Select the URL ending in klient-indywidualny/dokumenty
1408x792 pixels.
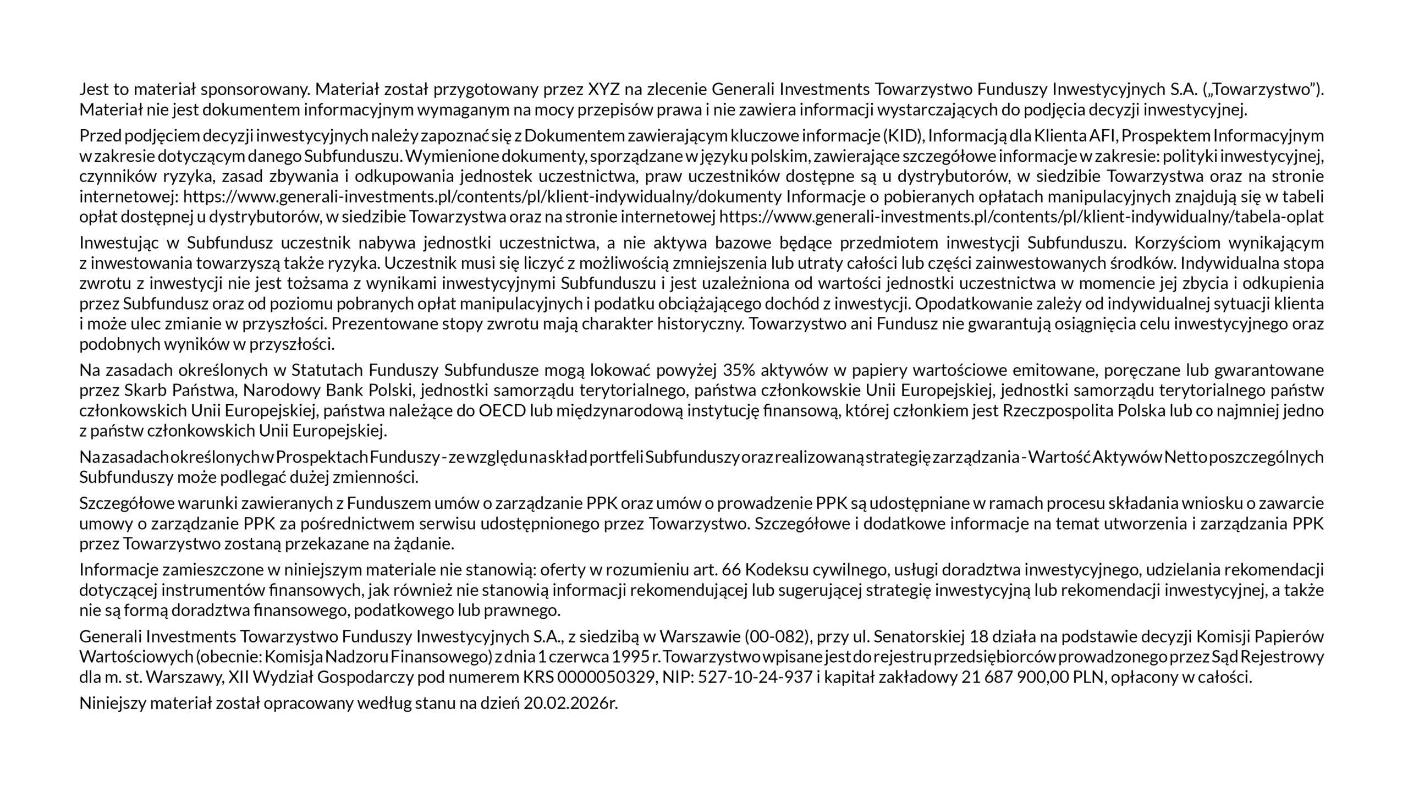[482, 197]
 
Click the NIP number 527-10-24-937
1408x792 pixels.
[755, 678]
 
